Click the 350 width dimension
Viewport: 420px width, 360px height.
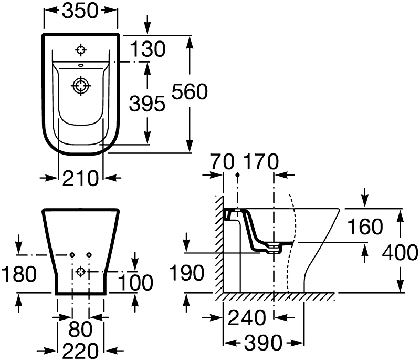80,11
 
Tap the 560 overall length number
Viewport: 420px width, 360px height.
190,91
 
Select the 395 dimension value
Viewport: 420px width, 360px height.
147,104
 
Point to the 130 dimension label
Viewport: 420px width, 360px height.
148,49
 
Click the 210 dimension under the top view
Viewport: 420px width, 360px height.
80,178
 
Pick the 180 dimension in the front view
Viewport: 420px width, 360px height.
19,274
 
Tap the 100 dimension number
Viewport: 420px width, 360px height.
135,283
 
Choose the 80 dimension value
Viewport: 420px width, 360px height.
80,329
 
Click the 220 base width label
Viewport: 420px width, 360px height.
80,351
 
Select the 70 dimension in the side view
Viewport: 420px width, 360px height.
222,162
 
